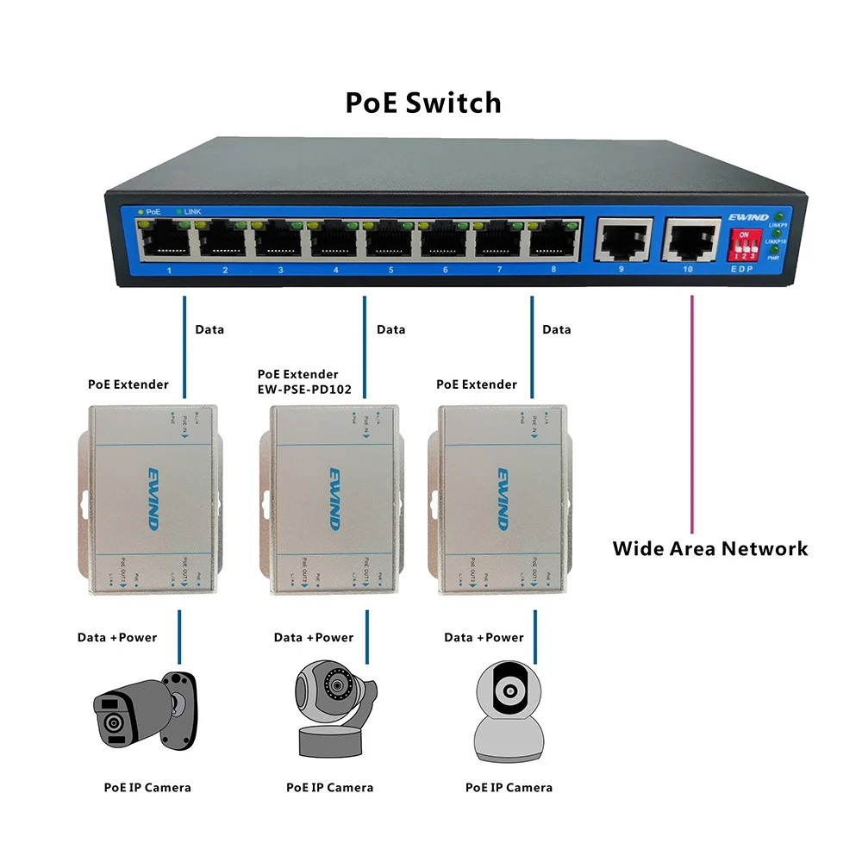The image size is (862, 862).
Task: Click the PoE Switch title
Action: point(423,103)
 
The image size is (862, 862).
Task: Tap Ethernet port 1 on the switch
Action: point(168,238)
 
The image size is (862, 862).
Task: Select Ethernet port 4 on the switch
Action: point(335,238)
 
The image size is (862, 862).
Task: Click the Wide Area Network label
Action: point(710,548)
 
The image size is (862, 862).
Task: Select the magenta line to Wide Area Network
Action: point(692,414)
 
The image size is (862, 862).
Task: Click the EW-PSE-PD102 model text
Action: point(304,390)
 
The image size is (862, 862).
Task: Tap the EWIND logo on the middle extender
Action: point(335,499)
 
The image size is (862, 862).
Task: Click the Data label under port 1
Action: point(209,329)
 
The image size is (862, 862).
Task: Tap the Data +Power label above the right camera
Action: point(484,638)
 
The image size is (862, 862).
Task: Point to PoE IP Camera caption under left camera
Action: point(147,787)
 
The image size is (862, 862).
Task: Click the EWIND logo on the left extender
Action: point(155,499)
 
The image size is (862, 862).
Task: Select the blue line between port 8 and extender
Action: point(531,345)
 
